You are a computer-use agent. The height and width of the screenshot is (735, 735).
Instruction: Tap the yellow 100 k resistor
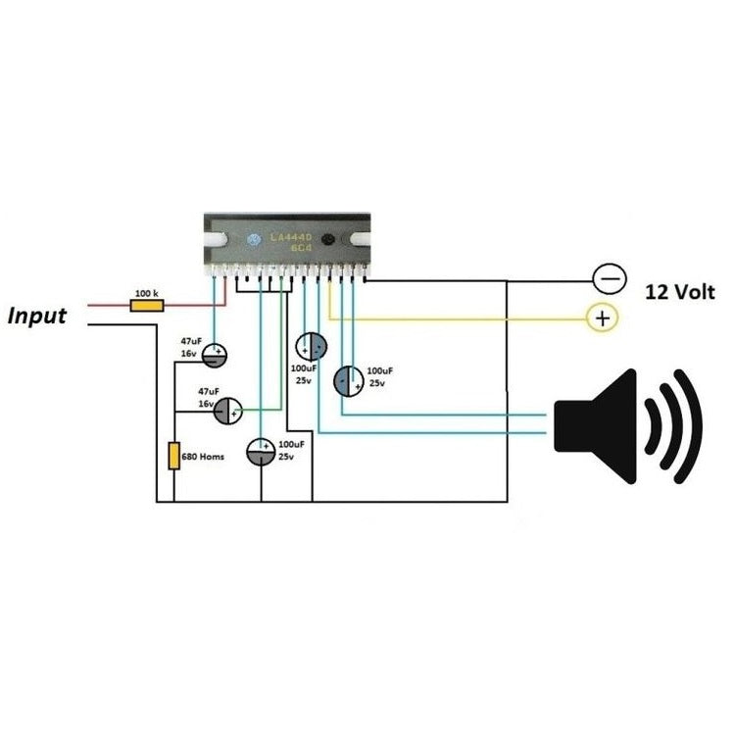pos(147,305)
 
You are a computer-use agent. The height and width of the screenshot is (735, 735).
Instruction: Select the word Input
pos(37,317)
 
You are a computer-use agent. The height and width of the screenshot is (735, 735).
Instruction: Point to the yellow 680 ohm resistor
pos(174,457)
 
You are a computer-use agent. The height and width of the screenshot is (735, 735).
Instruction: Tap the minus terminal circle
pos(609,279)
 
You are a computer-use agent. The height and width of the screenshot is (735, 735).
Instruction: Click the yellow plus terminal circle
pos(602,318)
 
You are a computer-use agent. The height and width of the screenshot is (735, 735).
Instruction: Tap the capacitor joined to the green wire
pos(227,410)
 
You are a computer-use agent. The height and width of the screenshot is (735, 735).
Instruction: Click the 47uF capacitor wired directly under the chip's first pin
pos(216,354)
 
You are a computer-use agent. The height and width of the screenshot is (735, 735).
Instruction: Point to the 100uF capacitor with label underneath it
pos(312,346)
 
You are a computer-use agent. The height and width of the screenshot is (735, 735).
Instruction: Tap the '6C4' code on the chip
pos(299,251)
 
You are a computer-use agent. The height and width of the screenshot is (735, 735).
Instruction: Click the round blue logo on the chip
pos(253,241)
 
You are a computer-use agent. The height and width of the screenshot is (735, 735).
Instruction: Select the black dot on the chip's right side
pos(329,242)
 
